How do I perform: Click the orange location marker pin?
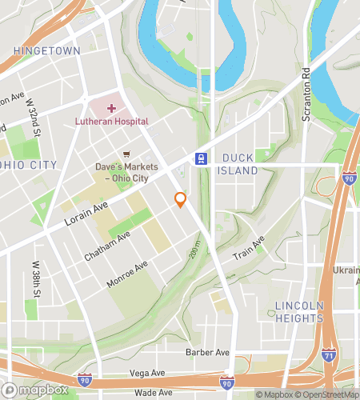click(181, 200)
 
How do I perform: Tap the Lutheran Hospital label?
click(112, 122)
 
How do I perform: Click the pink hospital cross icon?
click(111, 107)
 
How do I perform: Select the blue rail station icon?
click(202, 158)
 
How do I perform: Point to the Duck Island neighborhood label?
click(239, 164)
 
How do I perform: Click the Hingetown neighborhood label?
click(46, 50)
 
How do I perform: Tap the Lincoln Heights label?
click(298, 312)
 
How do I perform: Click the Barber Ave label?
click(207, 352)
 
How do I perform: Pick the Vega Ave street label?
click(150, 374)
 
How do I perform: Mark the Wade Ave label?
click(152, 393)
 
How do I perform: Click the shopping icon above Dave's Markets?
click(126, 154)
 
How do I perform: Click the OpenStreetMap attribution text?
click(327, 394)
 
